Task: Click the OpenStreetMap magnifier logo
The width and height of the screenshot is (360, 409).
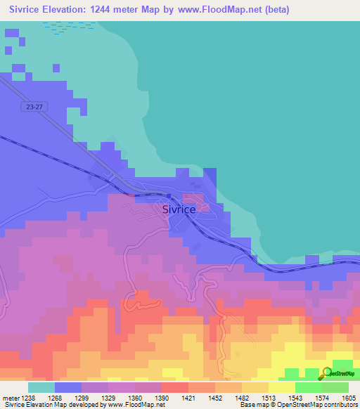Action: point(326,373)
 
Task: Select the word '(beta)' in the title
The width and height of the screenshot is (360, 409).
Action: point(274,10)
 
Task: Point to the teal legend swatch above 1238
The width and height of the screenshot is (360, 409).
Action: point(41,387)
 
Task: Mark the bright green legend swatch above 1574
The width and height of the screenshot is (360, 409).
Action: point(308,387)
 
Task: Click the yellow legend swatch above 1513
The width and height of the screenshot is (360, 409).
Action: point(281,387)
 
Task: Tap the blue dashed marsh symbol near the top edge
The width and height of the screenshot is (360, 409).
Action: point(61,26)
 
